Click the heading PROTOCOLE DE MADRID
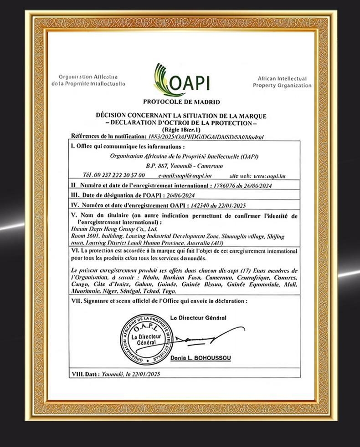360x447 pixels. [x=181, y=102]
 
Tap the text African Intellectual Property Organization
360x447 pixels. [x=282, y=82]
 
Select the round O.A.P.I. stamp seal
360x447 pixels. [x=143, y=339]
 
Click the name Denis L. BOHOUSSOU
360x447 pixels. [x=201, y=358]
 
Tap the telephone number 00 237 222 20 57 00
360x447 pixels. [x=119, y=175]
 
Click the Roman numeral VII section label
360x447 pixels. [x=76, y=301]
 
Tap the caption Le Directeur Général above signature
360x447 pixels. [x=198, y=317]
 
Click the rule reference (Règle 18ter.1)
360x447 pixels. [x=181, y=130]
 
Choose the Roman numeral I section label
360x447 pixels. [x=72, y=147]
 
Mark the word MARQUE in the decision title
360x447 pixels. [x=253, y=117]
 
